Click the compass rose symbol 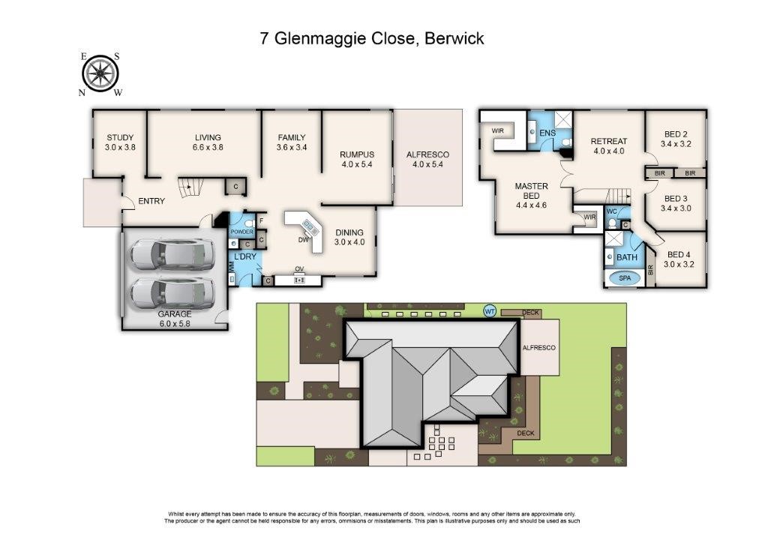click(x=100, y=74)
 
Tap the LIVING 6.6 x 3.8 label click(x=208, y=142)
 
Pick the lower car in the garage click(x=172, y=293)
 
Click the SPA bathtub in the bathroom click(x=625, y=278)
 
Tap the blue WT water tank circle click(x=489, y=311)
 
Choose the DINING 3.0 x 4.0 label click(x=349, y=238)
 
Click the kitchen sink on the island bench click(x=310, y=226)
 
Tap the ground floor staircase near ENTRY click(x=190, y=187)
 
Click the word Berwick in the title click(x=454, y=38)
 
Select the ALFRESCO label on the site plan click(x=538, y=348)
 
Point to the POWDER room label click(x=242, y=232)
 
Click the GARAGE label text click(x=175, y=314)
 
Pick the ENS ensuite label click(x=547, y=133)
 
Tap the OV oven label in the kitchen click(x=299, y=268)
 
